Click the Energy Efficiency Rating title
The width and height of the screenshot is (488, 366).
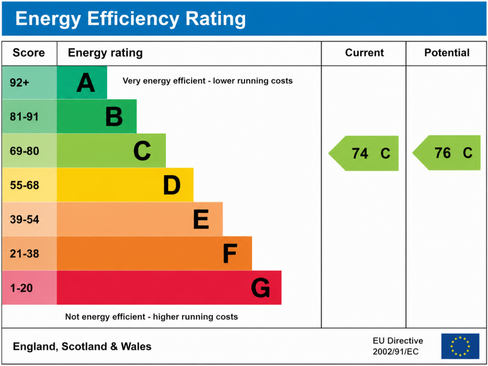click(x=131, y=19)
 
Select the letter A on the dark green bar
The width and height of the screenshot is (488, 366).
click(x=86, y=82)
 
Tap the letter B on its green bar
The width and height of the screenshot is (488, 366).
click(x=114, y=117)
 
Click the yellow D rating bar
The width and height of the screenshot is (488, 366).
click(x=125, y=185)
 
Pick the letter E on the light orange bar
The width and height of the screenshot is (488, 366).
click(x=201, y=220)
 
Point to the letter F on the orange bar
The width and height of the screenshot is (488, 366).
click(x=230, y=254)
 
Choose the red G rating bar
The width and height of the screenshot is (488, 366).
click(x=169, y=288)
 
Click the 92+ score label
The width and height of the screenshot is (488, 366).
click(x=20, y=82)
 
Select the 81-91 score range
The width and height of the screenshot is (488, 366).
click(x=24, y=117)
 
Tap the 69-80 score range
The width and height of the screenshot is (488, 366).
click(x=24, y=151)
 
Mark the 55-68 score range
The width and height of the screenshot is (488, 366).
click(x=24, y=185)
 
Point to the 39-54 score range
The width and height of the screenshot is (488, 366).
click(x=24, y=220)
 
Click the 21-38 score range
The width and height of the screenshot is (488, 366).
click(x=24, y=254)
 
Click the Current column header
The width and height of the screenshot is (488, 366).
click(x=364, y=53)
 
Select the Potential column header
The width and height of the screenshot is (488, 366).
click(x=447, y=53)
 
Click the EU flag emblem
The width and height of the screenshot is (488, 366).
click(x=460, y=346)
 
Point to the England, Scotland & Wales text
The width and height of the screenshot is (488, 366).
click(x=82, y=346)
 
